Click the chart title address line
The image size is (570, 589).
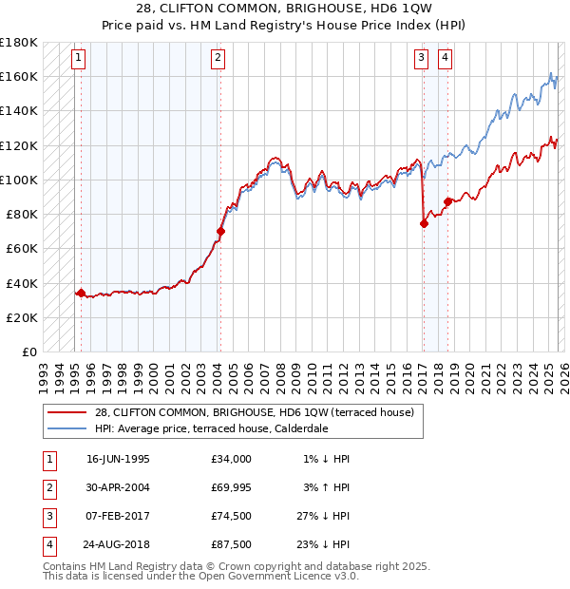click(x=286, y=9)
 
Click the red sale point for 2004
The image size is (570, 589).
click(x=220, y=231)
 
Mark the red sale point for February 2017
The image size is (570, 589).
click(x=424, y=223)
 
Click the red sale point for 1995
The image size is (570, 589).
click(x=81, y=293)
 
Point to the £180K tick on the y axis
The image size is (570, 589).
click(x=19, y=43)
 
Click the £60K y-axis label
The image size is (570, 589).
click(x=22, y=249)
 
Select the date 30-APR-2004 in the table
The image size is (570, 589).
click(x=118, y=487)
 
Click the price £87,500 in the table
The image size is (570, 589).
click(x=232, y=544)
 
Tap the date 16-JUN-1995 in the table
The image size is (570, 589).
click(x=118, y=459)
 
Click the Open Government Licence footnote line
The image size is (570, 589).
click(x=200, y=576)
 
